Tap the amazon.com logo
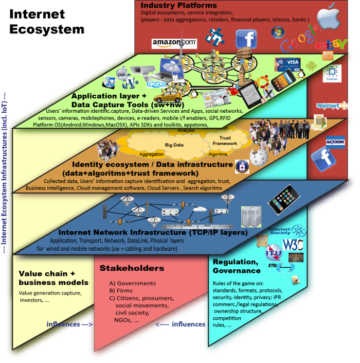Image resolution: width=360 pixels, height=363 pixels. point(174,43)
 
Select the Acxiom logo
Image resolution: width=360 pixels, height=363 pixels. point(335,141)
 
